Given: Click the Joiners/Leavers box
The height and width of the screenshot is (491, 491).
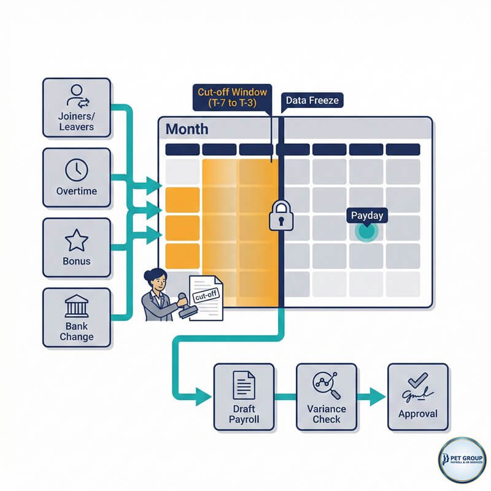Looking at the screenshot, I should (76, 107).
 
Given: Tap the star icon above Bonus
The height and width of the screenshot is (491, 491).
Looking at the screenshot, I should (77, 239).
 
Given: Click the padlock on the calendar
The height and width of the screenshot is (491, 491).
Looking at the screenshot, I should (279, 215).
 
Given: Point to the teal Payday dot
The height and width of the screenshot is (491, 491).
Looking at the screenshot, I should (367, 231).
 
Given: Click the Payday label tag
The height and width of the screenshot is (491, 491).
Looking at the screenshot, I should (367, 215).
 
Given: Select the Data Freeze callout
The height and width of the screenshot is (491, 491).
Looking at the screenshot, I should (311, 99).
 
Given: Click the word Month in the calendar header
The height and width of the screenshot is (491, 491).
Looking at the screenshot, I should (187, 130).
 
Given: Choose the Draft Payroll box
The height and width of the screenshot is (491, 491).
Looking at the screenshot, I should (244, 396).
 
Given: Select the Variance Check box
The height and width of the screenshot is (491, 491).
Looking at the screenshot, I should (327, 396).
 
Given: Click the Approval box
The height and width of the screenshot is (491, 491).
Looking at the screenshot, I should (418, 396).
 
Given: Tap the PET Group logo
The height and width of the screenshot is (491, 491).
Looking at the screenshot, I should (462, 460).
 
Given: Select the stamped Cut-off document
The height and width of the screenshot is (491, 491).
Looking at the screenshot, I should (204, 297).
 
